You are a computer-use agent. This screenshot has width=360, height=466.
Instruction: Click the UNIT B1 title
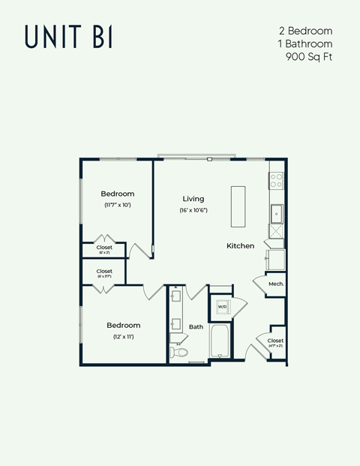pyautogui.click(x=68, y=36)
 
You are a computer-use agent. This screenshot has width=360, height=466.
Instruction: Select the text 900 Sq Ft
pyautogui.click(x=310, y=56)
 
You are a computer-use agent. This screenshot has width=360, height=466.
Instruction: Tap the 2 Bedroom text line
pyautogui.click(x=305, y=31)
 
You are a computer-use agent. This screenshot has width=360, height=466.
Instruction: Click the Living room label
pyautogui.click(x=193, y=199)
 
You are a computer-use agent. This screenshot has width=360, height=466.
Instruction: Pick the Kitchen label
pyautogui.click(x=240, y=245)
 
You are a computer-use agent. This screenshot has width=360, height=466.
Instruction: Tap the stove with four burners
pyautogui.click(x=276, y=181)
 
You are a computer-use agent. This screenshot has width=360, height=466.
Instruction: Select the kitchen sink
pyautogui.click(x=276, y=213)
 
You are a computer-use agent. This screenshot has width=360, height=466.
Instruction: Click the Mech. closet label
pyautogui.click(x=275, y=284)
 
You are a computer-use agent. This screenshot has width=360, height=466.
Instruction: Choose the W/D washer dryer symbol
pyautogui.click(x=222, y=307)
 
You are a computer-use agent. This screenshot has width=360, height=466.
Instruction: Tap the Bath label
pyautogui.click(x=196, y=326)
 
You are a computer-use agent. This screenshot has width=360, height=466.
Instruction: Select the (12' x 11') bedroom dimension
pyautogui.click(x=123, y=337)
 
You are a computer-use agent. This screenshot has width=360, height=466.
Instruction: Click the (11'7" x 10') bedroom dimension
pyautogui.click(x=118, y=205)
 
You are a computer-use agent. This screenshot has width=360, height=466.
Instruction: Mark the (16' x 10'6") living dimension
pyautogui.click(x=193, y=210)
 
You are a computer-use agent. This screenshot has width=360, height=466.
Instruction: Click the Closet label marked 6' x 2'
pyautogui.click(x=104, y=247)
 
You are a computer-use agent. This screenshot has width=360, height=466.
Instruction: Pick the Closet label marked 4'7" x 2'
pyautogui.click(x=275, y=341)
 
